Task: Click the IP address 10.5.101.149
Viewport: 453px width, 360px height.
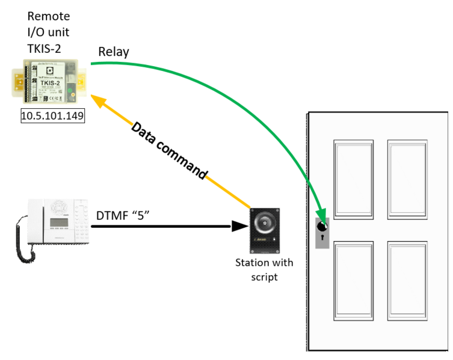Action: (52, 116)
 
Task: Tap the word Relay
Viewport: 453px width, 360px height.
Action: (114, 52)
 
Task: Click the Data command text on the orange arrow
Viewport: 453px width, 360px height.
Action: (169, 150)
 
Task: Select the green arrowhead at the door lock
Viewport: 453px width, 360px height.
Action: (322, 218)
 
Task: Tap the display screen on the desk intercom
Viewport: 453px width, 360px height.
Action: (58, 223)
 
